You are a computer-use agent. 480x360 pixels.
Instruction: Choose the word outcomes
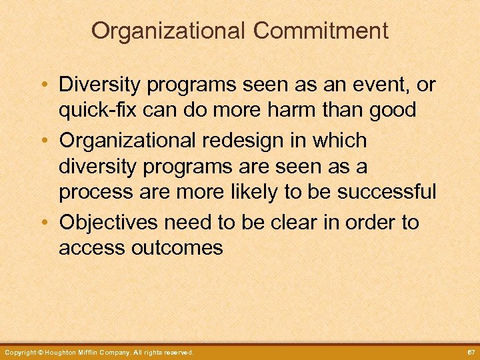tap(177, 247)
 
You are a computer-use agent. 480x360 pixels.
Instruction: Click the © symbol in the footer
tap(40, 352)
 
